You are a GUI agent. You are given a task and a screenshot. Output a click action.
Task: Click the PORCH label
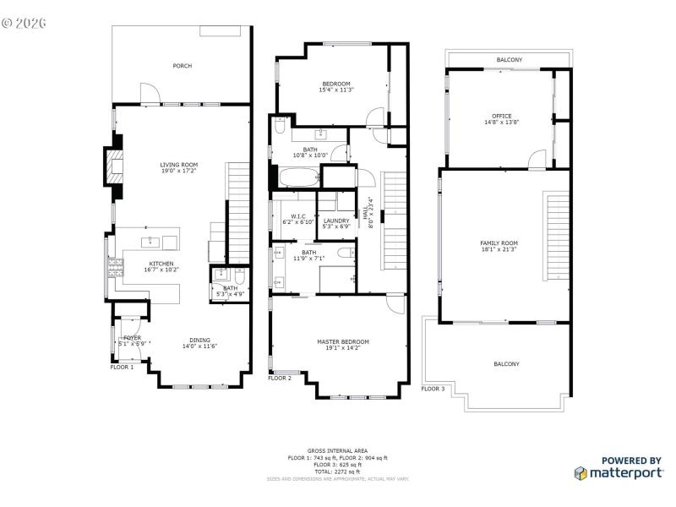tap(182, 66)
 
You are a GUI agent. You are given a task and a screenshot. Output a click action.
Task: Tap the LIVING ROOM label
tap(179, 165)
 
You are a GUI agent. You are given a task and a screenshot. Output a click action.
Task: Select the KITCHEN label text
tap(161, 264)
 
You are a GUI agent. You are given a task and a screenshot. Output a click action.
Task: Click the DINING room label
tap(199, 340)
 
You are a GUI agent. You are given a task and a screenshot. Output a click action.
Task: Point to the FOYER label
tap(132, 337)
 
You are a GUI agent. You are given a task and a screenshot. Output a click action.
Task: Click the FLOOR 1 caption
tap(122, 368)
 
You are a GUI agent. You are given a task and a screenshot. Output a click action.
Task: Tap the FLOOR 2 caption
tap(280, 379)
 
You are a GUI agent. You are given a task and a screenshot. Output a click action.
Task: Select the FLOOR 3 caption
tap(433, 389)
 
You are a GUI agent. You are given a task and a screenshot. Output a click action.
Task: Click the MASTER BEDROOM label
tap(343, 341)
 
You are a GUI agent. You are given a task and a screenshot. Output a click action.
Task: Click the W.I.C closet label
tap(297, 216)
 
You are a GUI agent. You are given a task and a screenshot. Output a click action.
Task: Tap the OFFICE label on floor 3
tap(502, 117)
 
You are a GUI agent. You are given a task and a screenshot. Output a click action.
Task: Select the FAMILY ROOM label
tap(499, 243)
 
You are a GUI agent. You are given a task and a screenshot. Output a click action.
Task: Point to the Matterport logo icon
tap(581, 474)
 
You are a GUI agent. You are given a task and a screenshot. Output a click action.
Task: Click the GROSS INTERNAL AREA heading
tap(338, 451)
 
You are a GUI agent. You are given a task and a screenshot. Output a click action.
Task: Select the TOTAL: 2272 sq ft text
tap(338, 472)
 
